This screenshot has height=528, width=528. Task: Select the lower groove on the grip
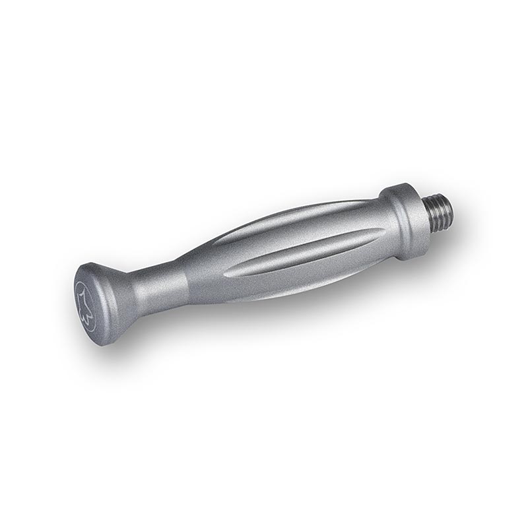coord(304,253)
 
